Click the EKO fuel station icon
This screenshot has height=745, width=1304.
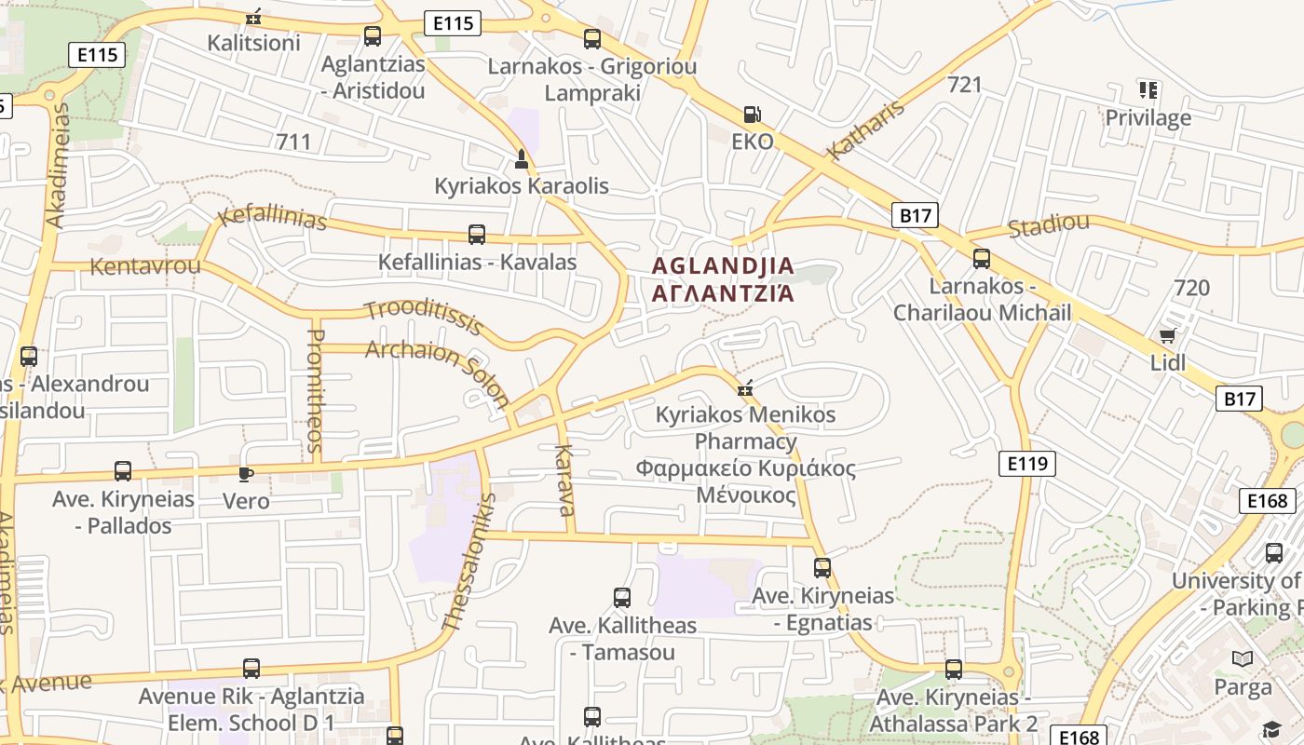pyautogui.click(x=752, y=115)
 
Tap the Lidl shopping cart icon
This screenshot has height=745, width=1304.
pyautogui.click(x=1167, y=336)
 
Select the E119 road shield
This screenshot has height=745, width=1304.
pyautogui.click(x=1027, y=463)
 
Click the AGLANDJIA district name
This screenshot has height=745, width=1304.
pyautogui.click(x=723, y=266)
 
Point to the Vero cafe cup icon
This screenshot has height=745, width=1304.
pyautogui.click(x=245, y=474)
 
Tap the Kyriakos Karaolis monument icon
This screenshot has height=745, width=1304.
pyautogui.click(x=521, y=159)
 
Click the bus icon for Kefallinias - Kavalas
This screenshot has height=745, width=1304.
pyautogui.click(x=477, y=235)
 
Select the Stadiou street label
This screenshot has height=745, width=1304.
pyautogui.click(x=1049, y=225)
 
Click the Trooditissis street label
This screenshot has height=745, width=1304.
pyautogui.click(x=424, y=317)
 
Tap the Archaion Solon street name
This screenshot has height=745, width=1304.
pyautogui.click(x=438, y=373)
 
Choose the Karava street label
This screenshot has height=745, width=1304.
pyautogui.click(x=565, y=480)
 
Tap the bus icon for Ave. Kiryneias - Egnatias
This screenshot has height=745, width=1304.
pyautogui.click(x=822, y=567)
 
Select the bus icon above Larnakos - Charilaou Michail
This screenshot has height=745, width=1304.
pyautogui.click(x=982, y=259)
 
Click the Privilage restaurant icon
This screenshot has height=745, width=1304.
pyautogui.click(x=1148, y=90)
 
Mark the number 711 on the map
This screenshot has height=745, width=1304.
pyautogui.click(x=293, y=142)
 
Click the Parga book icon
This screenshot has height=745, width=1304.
pyautogui.click(x=1242, y=659)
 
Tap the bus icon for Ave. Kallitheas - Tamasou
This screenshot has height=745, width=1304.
pyautogui.click(x=622, y=597)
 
